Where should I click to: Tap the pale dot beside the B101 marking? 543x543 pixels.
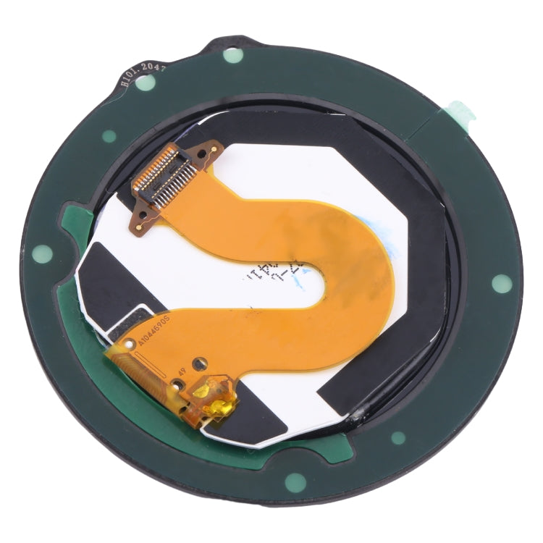coord(146,83)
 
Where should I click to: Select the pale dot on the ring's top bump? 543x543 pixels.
coord(232,55)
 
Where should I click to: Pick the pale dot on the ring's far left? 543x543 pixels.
coord(43,253)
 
